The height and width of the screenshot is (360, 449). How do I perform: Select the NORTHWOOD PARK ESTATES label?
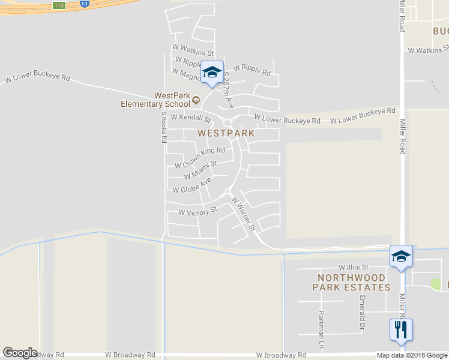[x=351, y=282]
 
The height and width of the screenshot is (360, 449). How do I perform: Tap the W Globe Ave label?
[x=192, y=185]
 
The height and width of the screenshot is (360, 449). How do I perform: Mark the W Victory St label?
[x=197, y=212]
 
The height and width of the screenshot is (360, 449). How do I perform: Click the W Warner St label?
[x=244, y=214]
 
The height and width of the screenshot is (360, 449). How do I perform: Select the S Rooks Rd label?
[x=163, y=127]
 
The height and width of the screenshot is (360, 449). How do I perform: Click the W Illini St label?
[x=353, y=268]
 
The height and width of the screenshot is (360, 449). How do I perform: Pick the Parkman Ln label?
[x=321, y=330]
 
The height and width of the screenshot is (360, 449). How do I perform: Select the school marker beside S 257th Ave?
[x=211, y=73]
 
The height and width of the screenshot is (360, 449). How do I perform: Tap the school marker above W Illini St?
[x=401, y=256]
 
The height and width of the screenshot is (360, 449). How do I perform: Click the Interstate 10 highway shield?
[x=83, y=4]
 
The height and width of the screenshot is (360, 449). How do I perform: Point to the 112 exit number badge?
[x=58, y=5]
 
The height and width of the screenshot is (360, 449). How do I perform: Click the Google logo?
[x=20, y=353]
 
